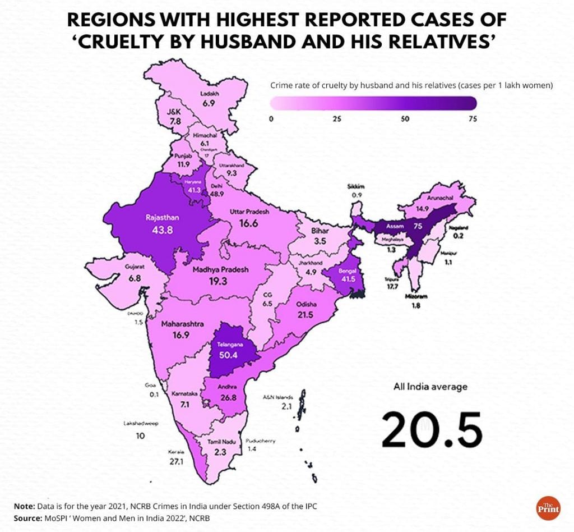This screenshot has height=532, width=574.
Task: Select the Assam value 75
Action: click(417, 227)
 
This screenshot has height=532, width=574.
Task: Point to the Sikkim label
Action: click(355, 186)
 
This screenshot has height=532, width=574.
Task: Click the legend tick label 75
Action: click(473, 118)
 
